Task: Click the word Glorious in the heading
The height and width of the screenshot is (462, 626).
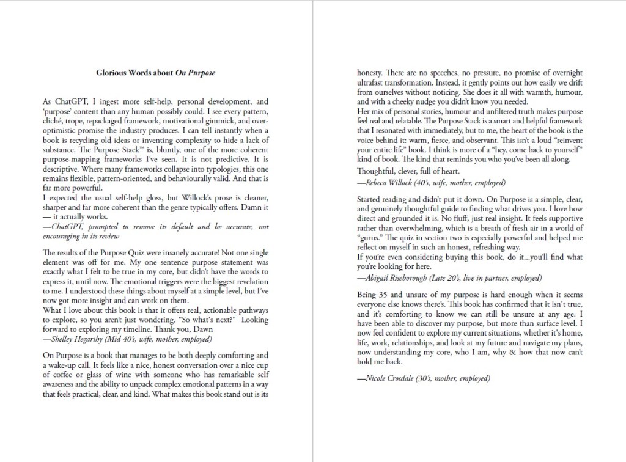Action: click(x=112, y=73)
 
